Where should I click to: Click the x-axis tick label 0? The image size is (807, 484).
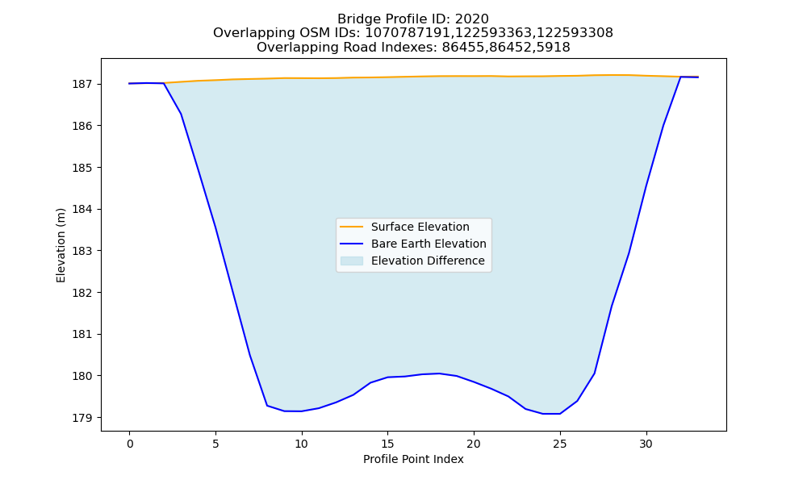point(130,444)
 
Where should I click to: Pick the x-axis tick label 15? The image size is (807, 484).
point(387,444)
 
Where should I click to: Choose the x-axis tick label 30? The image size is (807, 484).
point(646,444)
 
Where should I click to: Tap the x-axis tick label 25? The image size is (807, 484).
point(560,444)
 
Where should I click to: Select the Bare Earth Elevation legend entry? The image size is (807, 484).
point(412,244)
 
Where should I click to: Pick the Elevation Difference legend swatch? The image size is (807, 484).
point(352,261)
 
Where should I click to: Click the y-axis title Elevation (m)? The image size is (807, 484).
point(61,245)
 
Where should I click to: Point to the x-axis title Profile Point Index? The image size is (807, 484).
point(413,459)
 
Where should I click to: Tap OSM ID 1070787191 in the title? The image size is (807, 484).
point(403,33)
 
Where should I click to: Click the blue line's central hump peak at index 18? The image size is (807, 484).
point(439,373)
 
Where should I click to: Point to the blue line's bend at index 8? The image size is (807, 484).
point(267,405)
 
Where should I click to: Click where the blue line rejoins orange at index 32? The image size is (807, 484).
point(680,77)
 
